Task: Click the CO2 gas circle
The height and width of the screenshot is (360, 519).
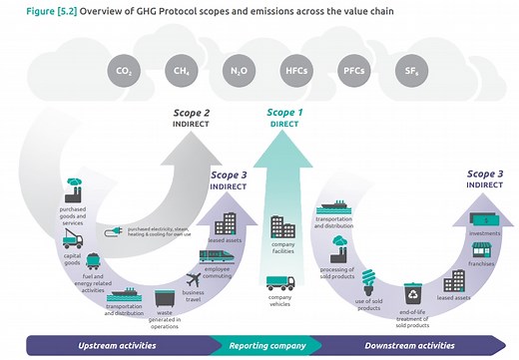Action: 123,72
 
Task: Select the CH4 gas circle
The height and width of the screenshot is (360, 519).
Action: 180,72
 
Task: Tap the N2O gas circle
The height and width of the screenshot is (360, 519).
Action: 237,72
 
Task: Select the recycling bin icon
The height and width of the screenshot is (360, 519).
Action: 413,293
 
